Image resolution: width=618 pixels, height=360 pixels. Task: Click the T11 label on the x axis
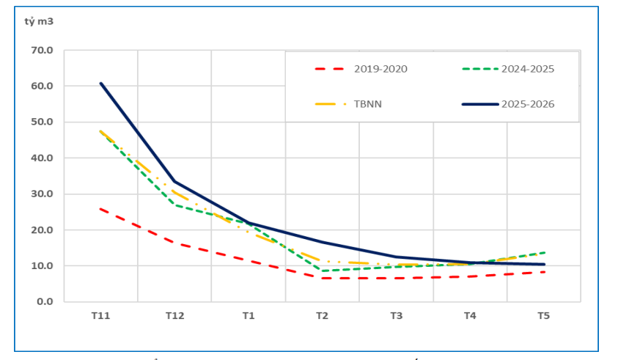100,316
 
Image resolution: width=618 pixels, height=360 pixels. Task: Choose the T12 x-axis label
174,316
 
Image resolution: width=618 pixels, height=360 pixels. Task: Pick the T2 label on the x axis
322,316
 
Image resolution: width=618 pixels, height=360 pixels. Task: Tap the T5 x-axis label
543,316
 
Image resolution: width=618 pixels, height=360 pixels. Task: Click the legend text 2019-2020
380,69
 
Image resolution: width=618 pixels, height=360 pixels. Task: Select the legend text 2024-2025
528,69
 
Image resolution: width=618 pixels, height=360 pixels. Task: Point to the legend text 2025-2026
528,104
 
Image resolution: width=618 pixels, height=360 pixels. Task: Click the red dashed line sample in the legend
330,69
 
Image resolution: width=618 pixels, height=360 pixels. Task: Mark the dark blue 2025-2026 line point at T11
100,83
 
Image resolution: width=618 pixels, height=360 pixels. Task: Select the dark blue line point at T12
174,181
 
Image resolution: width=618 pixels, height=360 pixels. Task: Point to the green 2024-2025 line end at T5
543,252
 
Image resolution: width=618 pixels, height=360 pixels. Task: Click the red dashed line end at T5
543,272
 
